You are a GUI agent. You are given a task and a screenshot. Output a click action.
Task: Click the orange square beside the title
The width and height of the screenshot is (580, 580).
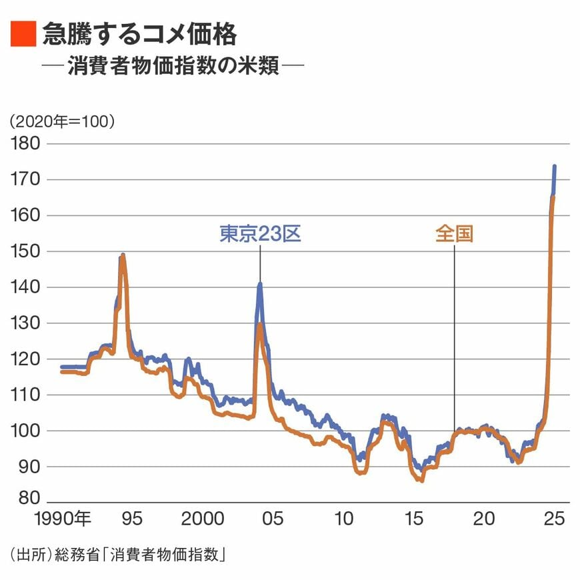pos(22,33)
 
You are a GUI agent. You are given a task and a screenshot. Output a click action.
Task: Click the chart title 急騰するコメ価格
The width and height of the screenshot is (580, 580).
pos(139,33)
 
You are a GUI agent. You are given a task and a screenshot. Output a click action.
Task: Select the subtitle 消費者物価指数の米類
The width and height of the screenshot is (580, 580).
pos(173,67)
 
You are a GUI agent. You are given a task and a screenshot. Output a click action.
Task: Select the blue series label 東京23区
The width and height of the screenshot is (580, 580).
pos(261,234)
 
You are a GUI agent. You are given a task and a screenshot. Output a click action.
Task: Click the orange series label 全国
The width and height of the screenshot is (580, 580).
pos(454,234)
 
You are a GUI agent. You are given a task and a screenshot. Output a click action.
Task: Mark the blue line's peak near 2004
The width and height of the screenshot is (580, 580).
pos(260,284)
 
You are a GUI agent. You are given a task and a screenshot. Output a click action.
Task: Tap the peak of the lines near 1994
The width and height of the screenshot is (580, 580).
pos(123,255)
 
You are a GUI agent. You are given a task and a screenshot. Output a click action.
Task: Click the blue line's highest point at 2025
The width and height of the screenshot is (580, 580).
pos(554,167)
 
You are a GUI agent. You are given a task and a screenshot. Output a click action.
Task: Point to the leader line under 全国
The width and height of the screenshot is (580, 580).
pos(454,333)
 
